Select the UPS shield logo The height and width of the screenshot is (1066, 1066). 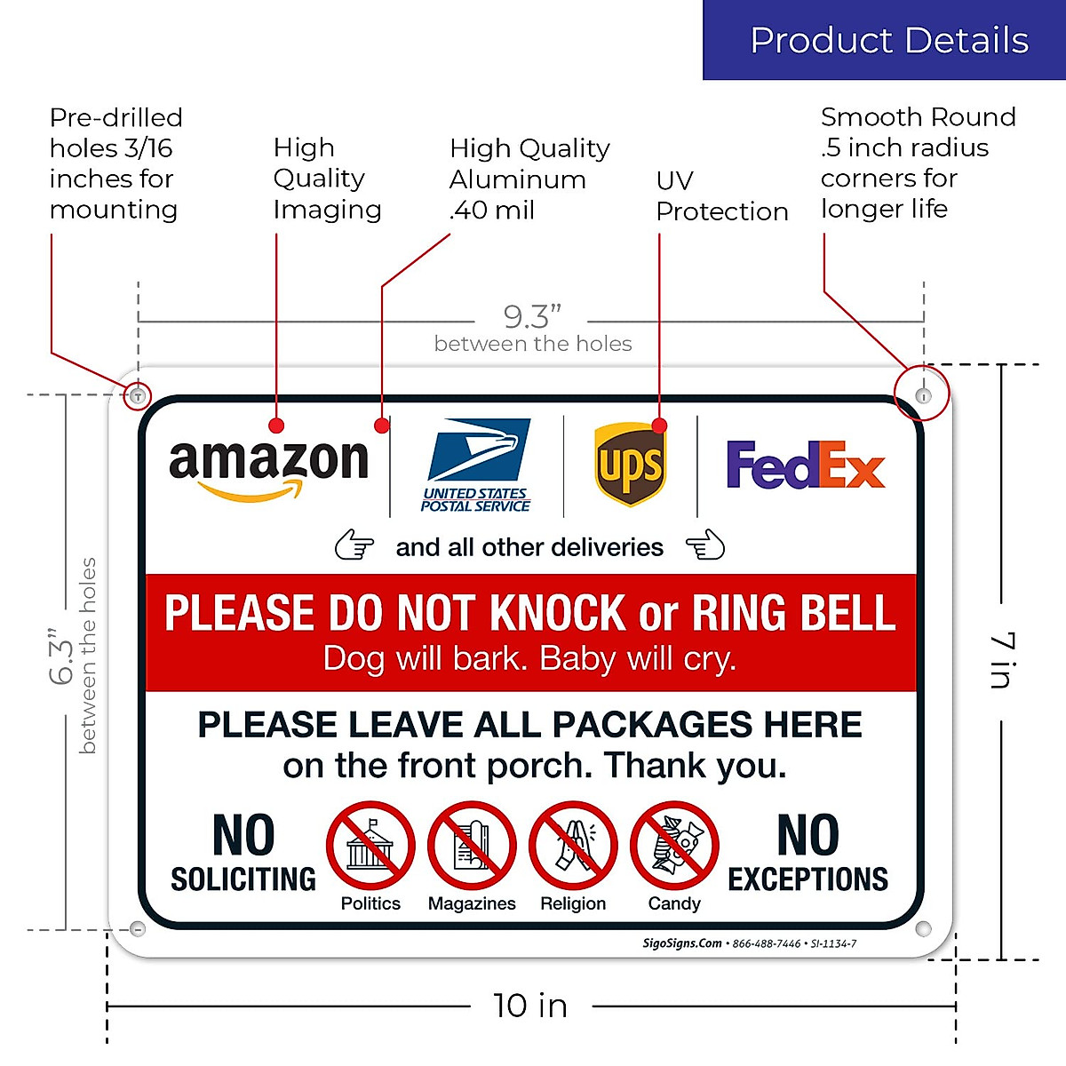pos(630,465)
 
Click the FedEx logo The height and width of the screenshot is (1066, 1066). pos(806,465)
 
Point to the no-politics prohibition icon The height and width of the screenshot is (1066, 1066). pos(370,845)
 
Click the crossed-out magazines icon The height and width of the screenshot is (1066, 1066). pos(472,845)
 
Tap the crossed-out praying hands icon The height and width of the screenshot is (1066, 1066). pos(573,845)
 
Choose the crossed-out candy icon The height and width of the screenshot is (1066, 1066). pos(674,845)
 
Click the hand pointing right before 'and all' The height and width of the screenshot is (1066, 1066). pos(354,545)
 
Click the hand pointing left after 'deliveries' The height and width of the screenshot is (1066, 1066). pos(705,545)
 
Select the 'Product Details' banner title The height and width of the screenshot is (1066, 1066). pos(889,41)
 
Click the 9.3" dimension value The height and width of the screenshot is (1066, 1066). pos(531,316)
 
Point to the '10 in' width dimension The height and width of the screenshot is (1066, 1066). pos(530,1006)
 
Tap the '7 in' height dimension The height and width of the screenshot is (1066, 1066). pos(1002,660)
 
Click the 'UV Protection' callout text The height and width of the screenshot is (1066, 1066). pos(721,196)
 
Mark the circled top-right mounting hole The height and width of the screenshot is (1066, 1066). pos(923,395)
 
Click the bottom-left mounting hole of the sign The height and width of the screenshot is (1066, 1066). pos(138,929)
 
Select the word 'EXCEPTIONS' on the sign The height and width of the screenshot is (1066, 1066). pos(807,879)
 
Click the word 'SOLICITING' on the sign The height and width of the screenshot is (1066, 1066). pos(243,879)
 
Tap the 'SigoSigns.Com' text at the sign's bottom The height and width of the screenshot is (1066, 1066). pos(682,943)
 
